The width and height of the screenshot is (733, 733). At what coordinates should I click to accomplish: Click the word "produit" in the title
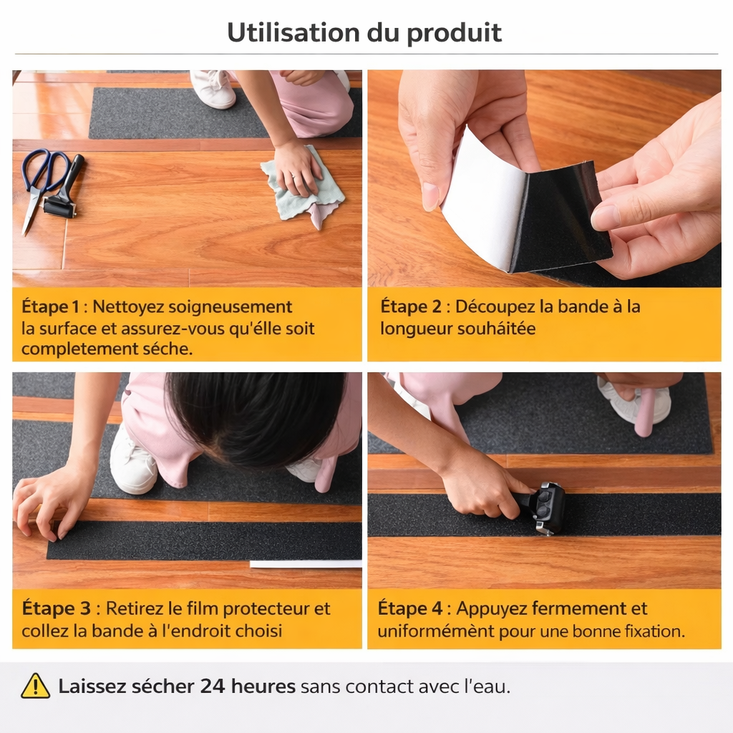pos(454,34)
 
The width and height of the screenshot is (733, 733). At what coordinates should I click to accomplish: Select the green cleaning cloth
pos(304,189)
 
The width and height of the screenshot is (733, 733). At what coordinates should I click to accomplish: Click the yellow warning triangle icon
pos(36,686)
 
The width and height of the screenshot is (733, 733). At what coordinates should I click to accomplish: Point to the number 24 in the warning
pos(213,686)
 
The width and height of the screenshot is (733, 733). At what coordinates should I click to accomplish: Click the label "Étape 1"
pos(51,306)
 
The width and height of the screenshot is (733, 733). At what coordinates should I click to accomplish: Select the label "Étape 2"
pos(410,306)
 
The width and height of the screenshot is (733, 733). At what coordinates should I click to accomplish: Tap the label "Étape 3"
pos(56,608)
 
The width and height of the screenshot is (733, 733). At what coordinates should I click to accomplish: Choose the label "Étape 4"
pos(410,608)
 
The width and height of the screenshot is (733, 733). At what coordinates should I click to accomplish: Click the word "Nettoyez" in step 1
pos(128,307)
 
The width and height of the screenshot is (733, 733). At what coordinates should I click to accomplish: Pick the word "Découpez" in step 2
pos(495,307)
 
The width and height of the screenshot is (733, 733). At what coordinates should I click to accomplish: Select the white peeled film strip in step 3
pos(306,564)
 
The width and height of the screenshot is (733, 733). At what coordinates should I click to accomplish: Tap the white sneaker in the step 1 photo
pos(213,89)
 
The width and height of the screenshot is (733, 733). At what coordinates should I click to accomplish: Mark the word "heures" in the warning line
pos(263,686)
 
